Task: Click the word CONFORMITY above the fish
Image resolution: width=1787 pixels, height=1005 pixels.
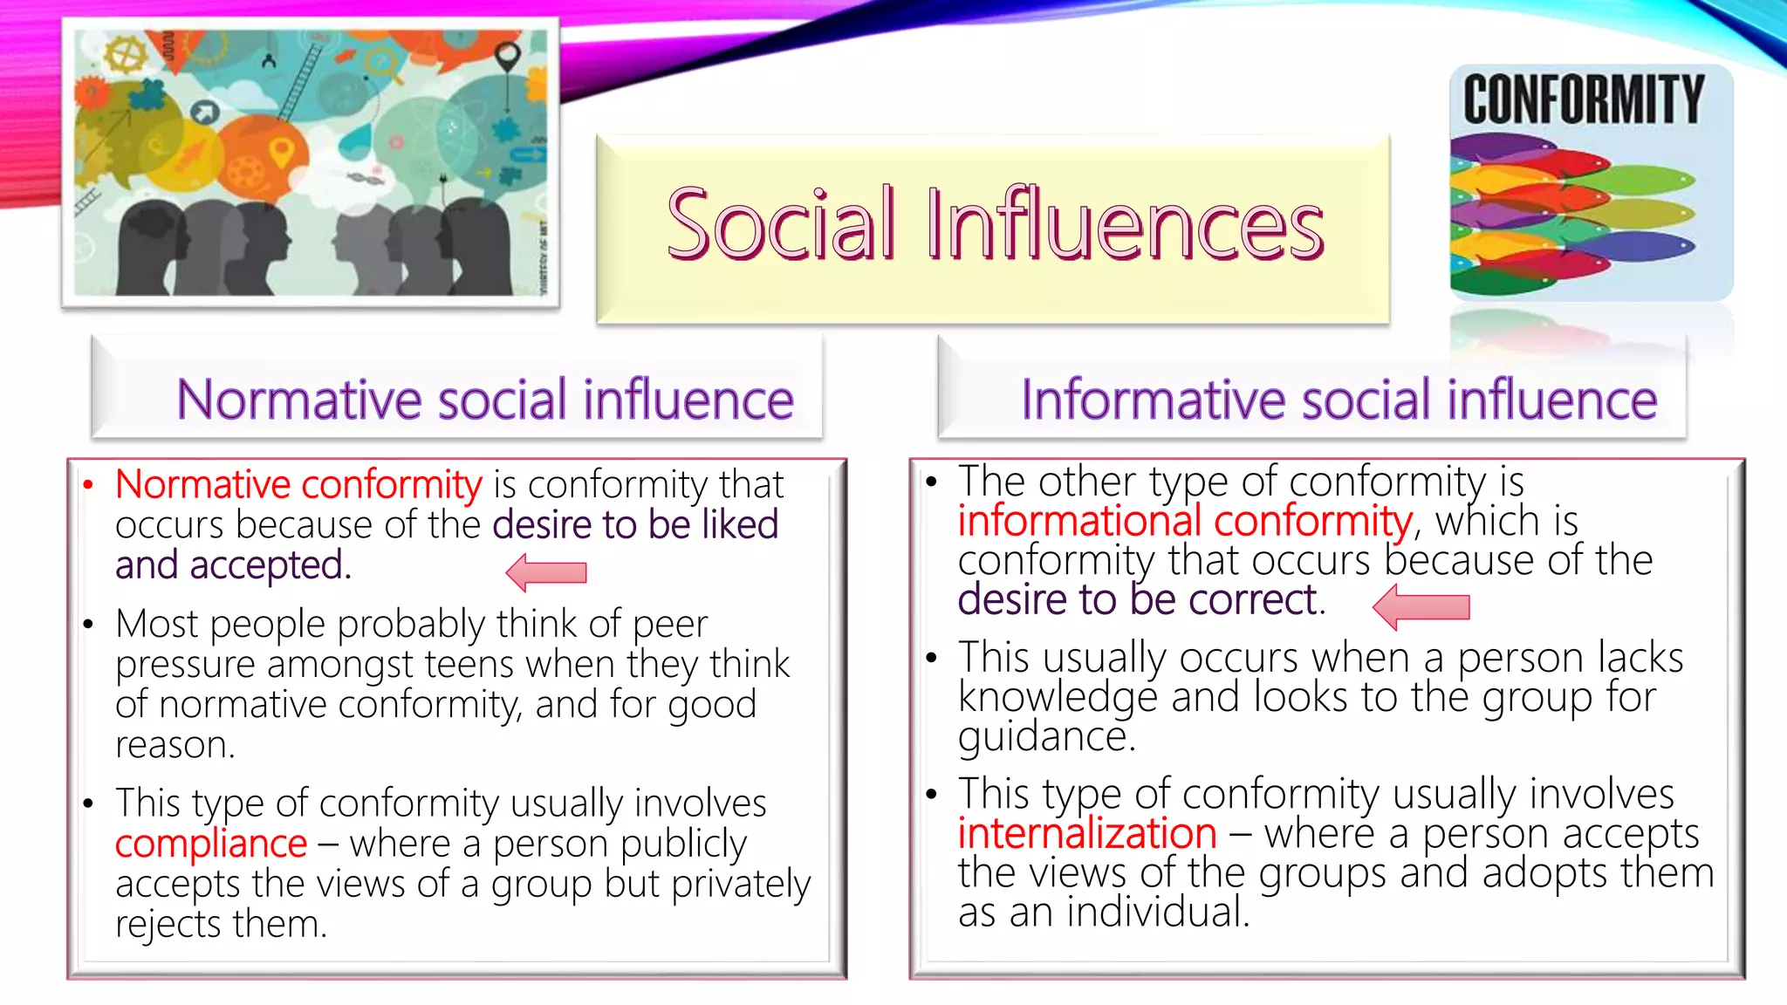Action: [x=1583, y=99]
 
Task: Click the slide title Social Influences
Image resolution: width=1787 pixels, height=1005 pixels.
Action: [x=995, y=225]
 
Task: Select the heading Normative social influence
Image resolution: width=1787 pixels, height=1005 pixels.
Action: [x=484, y=400]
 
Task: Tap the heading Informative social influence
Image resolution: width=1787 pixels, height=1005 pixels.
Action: [x=1339, y=400]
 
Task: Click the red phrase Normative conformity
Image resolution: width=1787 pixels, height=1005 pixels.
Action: [x=298, y=484]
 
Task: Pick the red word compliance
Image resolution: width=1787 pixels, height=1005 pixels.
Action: [x=211, y=844]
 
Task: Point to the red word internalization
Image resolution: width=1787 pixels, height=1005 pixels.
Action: [x=1087, y=833]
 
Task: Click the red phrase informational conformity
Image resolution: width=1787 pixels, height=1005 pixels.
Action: [x=1185, y=521]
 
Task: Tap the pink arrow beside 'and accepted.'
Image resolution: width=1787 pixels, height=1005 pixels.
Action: [x=546, y=572]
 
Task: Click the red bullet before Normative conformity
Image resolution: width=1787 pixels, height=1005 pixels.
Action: [x=87, y=485]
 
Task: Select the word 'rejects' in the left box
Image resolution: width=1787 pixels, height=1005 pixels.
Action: [x=168, y=924]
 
